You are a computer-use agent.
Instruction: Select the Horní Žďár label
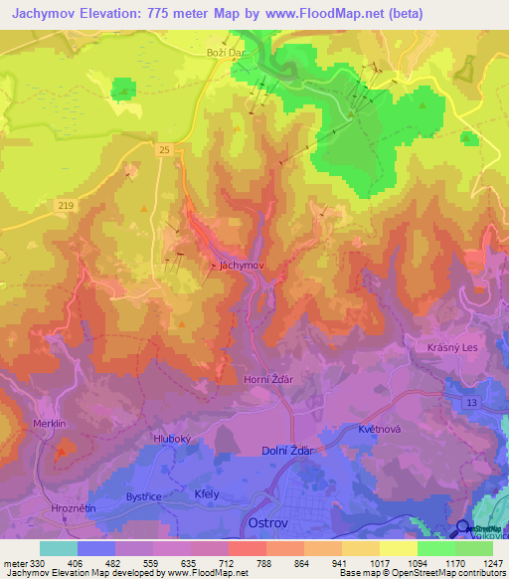pyautogui.click(x=269, y=379)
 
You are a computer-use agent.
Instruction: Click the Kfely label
pyautogui.click(x=207, y=493)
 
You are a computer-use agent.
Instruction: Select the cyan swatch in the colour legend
pyautogui.click(x=59, y=548)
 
